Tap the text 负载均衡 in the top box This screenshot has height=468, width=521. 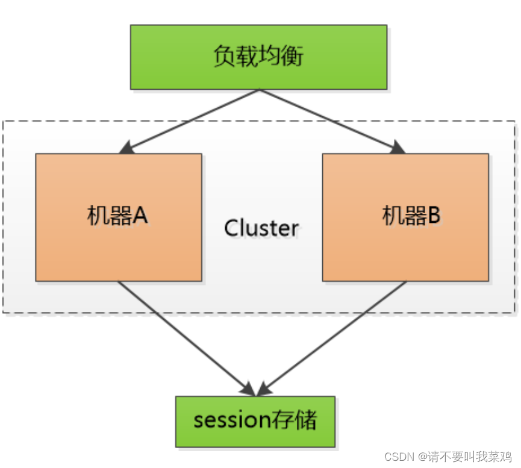tap(258, 57)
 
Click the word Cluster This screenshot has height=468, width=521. tap(261, 228)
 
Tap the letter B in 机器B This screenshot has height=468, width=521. tap(435, 216)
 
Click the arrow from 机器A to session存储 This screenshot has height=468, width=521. tap(181, 334)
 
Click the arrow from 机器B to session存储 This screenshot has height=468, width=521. tap(337, 334)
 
